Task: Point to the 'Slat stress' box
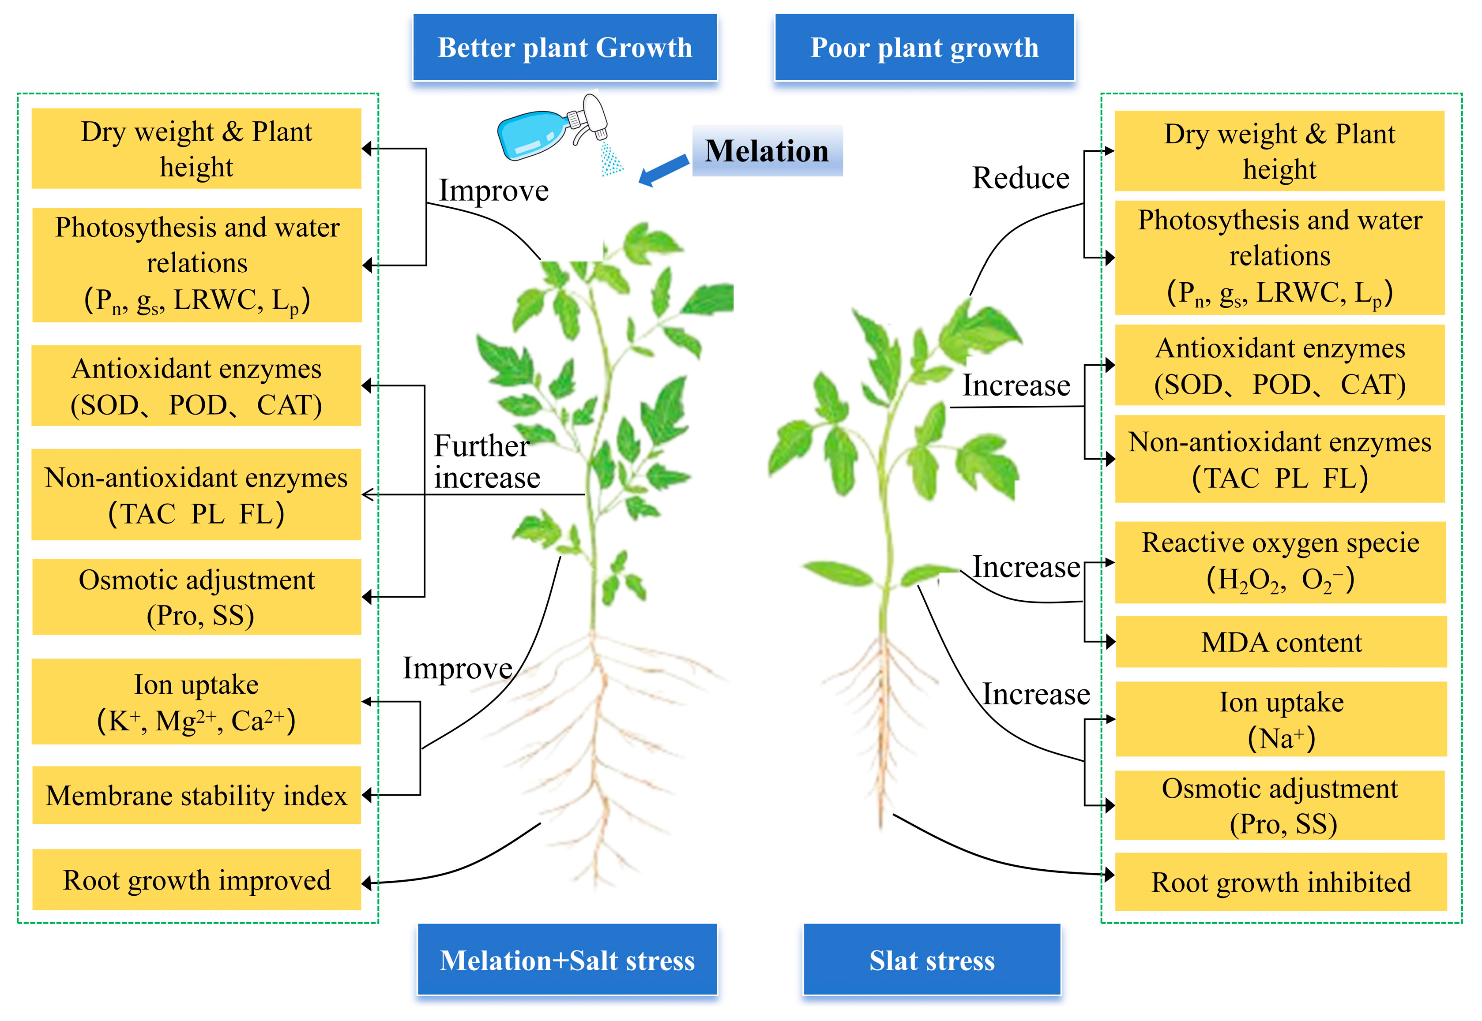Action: (x=932, y=960)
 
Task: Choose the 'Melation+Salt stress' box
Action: (x=567, y=960)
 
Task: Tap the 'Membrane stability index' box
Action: (x=196, y=795)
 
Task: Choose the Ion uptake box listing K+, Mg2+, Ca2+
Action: (x=196, y=702)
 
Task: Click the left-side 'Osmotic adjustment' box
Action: (x=196, y=597)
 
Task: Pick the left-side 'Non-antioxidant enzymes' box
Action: (x=196, y=494)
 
